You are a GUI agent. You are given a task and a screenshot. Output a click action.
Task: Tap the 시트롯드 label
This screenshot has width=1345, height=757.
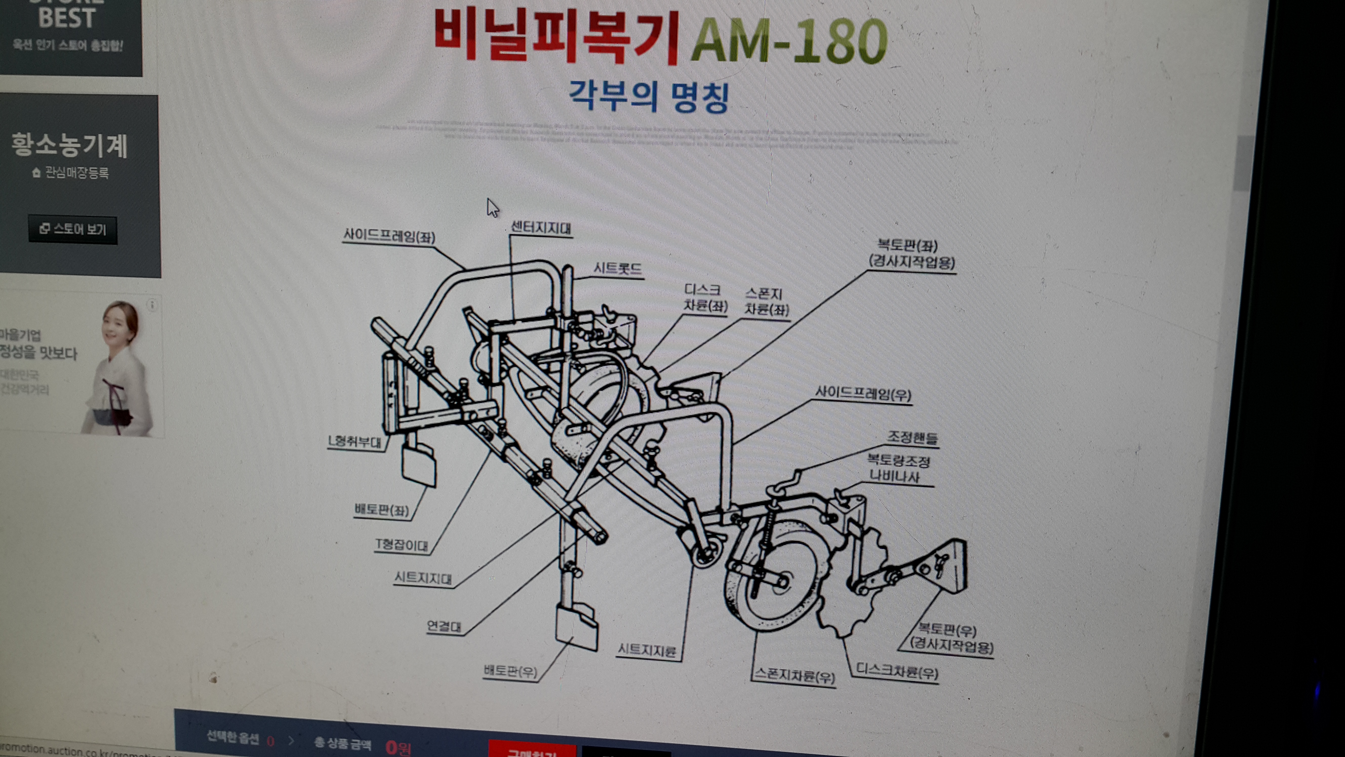618,269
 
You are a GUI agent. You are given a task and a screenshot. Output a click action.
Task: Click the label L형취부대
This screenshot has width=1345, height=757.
355,442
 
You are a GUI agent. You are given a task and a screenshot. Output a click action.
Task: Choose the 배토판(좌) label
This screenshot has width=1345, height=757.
382,510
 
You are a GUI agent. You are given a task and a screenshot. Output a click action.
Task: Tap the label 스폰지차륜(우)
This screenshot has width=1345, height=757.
794,676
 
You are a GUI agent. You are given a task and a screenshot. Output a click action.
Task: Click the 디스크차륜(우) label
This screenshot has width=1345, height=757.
897,671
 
